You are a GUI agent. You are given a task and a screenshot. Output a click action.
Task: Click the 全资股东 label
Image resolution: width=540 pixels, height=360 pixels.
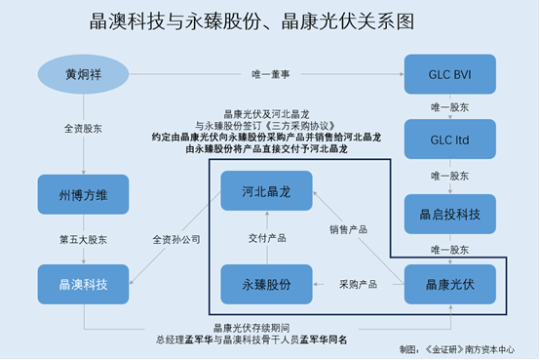81,128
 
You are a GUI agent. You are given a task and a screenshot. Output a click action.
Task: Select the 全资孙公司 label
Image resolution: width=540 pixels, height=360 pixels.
176,239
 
